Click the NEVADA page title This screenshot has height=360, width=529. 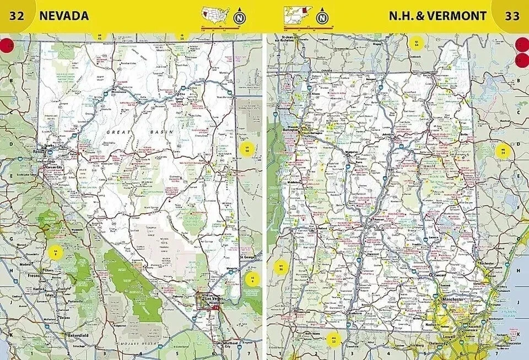[63, 15]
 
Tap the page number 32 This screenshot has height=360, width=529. [17, 15]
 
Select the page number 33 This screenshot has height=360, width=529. [512, 15]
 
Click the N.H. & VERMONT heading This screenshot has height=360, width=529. [438, 15]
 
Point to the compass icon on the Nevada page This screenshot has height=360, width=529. [239, 17]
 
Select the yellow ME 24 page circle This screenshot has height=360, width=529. [503, 151]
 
